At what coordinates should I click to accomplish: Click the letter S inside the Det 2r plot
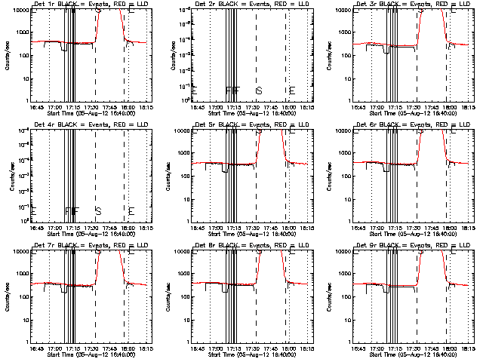pyautogui.click(x=259, y=90)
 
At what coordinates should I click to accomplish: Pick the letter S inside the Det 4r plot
pyautogui.click(x=97, y=211)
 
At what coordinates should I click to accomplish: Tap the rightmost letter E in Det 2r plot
pyautogui.click(x=292, y=90)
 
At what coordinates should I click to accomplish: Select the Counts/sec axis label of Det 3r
pyautogui.click(x=329, y=54)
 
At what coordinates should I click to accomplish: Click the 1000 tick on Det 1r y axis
pyautogui.click(x=21, y=32)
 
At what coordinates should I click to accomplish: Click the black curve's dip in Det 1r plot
pyautogui.click(x=63, y=50)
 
